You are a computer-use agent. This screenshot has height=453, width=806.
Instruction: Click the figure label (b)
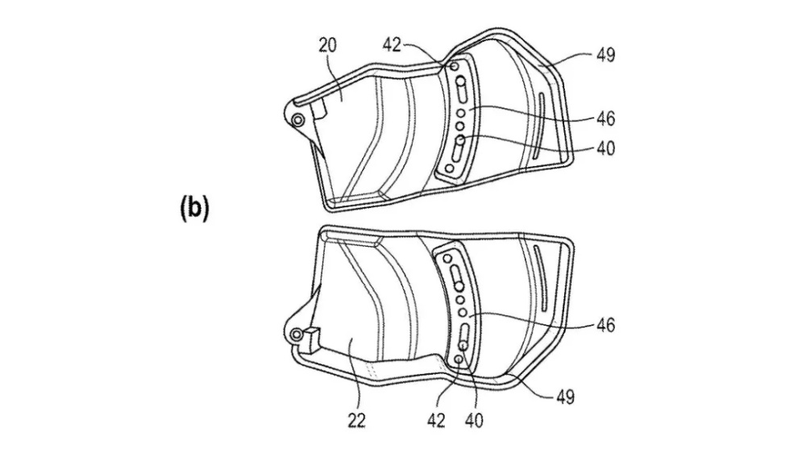click(x=195, y=208)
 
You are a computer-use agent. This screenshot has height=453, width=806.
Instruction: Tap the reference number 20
click(x=327, y=45)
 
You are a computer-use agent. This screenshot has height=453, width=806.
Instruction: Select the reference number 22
click(x=356, y=421)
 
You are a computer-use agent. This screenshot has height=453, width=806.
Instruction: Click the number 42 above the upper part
click(x=392, y=45)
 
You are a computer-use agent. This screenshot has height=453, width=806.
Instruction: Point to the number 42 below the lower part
click(x=436, y=421)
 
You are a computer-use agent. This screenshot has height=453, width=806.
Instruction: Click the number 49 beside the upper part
click(x=605, y=55)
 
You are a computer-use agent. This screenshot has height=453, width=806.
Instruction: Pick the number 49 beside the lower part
click(x=565, y=397)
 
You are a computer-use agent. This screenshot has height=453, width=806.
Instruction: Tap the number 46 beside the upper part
click(x=605, y=118)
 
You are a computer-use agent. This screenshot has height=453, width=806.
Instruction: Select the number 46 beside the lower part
click(x=605, y=325)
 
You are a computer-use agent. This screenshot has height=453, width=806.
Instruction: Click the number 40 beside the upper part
click(x=605, y=148)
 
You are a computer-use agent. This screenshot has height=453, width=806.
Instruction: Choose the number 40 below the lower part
click(x=474, y=421)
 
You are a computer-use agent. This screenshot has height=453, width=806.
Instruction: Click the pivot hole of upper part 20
click(x=297, y=121)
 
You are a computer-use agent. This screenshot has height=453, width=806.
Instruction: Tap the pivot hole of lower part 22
click(x=296, y=335)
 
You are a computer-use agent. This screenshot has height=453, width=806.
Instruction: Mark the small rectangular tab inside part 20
click(x=318, y=109)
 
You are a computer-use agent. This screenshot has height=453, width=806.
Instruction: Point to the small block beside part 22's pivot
click(x=311, y=339)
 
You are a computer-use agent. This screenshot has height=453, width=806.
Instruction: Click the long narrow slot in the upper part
click(x=538, y=125)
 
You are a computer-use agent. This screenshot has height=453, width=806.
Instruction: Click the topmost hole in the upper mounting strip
click(x=455, y=67)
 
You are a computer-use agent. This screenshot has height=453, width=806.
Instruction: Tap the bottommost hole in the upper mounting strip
click(x=450, y=168)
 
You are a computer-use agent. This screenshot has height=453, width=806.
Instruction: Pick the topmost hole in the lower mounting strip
click(x=447, y=258)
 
